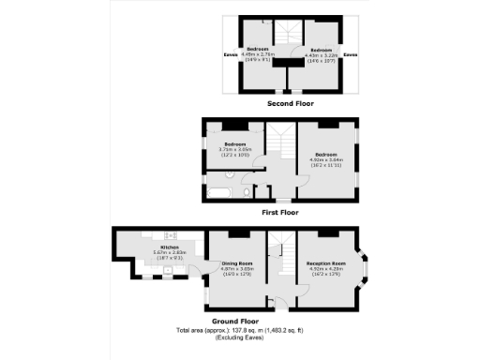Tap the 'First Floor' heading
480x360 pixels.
(279, 212)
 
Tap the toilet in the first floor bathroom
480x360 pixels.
(245, 192)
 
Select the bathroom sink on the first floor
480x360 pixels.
(262, 193)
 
